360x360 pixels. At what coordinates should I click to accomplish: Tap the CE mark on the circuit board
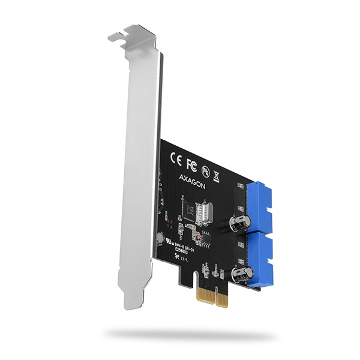[177, 160]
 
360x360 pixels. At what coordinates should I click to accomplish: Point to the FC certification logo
[192, 164]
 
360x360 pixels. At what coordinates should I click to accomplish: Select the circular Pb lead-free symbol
[206, 170]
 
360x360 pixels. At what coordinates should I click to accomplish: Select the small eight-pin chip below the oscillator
[205, 239]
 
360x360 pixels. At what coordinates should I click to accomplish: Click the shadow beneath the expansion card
[180, 334]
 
